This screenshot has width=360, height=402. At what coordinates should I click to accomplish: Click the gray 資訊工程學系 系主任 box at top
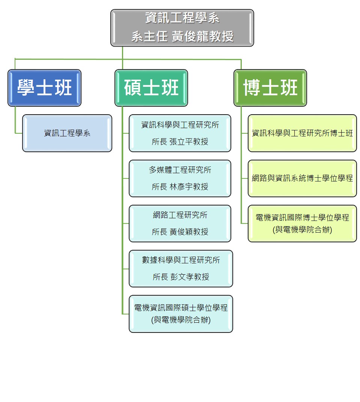tap(182, 28)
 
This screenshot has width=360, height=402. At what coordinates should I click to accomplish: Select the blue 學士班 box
tap(45, 88)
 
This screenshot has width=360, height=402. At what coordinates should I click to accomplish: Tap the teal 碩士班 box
tap(151, 88)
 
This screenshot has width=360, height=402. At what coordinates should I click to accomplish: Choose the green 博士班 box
tap(270, 88)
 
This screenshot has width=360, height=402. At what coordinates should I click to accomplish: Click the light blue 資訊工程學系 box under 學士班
tap(67, 133)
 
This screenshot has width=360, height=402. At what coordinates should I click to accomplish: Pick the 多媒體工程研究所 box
tap(180, 178)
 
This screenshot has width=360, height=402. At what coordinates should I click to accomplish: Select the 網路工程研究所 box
tap(180, 224)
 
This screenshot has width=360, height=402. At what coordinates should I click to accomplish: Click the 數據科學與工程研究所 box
tap(181, 269)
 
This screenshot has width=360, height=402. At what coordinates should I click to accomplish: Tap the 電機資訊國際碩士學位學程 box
tap(181, 314)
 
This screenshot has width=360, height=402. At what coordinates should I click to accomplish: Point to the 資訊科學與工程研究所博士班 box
tap(302, 133)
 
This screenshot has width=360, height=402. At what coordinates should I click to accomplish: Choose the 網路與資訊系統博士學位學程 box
tap(302, 178)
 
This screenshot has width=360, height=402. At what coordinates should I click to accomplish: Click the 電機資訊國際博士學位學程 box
tap(302, 224)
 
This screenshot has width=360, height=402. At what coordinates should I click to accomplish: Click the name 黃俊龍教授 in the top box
tap(202, 36)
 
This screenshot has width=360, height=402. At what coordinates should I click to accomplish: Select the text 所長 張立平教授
tap(180, 142)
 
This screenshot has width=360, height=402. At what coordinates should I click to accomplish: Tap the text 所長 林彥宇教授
tap(180, 187)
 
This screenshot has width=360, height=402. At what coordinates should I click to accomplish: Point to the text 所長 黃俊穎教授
tap(180, 232)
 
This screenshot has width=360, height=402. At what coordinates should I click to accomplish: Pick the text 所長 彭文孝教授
tap(181, 277)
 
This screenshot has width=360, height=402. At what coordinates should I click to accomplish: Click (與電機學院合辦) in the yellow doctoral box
tap(302, 230)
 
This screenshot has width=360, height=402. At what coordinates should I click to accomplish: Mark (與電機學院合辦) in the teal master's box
tap(181, 320)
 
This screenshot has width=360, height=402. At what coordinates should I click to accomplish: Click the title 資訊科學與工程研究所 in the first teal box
tap(180, 125)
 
